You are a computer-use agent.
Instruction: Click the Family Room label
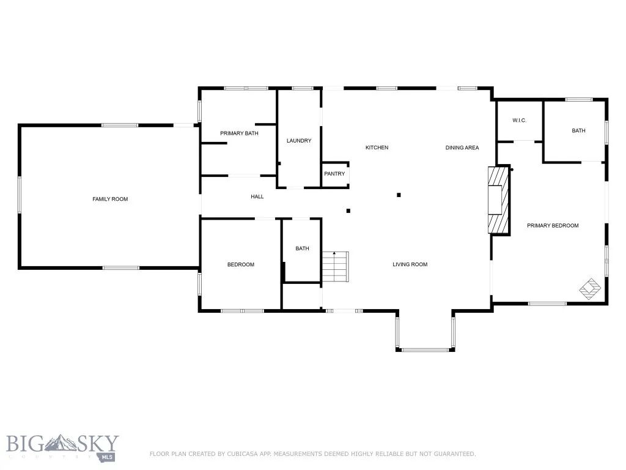point(110,199)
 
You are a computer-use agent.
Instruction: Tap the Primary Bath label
point(240,133)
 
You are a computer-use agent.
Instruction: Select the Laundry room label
point(299,141)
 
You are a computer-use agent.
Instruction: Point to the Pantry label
point(334,174)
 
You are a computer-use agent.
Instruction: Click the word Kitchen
point(377,147)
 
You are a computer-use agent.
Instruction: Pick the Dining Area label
point(462,147)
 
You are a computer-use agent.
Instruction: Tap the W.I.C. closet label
point(520,121)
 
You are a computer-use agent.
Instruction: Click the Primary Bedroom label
point(553,226)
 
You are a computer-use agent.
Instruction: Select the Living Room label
point(410,264)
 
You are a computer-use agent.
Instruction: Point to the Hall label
point(257,196)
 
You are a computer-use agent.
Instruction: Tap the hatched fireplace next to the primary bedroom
point(498,200)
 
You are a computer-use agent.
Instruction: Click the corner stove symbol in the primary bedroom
point(591,288)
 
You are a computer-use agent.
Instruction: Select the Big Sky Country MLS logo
point(63,447)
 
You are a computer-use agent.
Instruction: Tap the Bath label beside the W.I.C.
point(578,130)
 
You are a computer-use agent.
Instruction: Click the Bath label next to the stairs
point(302,248)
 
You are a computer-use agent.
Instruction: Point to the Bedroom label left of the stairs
point(240,264)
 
